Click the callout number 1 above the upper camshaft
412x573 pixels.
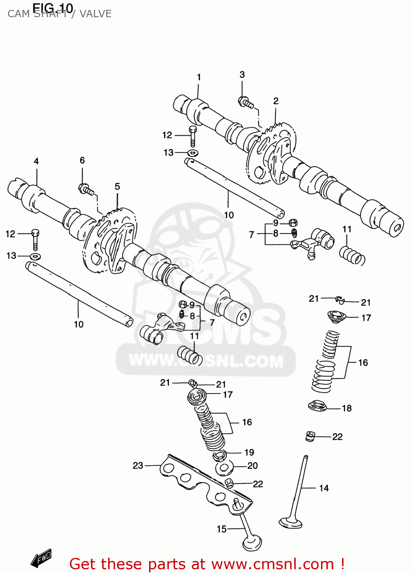(199, 77)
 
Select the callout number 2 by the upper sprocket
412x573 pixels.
(276, 101)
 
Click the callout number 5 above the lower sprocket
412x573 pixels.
(117, 186)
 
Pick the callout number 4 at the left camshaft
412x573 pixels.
(36, 161)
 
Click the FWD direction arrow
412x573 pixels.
(41, 558)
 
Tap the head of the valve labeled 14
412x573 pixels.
(290, 522)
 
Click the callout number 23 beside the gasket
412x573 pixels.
(138, 465)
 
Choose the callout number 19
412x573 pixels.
(249, 453)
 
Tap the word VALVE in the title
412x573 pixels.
(96, 14)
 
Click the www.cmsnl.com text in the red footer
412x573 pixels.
(273, 564)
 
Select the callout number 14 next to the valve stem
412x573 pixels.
(324, 488)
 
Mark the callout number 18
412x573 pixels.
(347, 408)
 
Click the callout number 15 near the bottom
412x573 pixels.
(222, 529)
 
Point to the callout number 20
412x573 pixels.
(253, 466)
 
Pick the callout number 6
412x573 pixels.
(82, 160)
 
